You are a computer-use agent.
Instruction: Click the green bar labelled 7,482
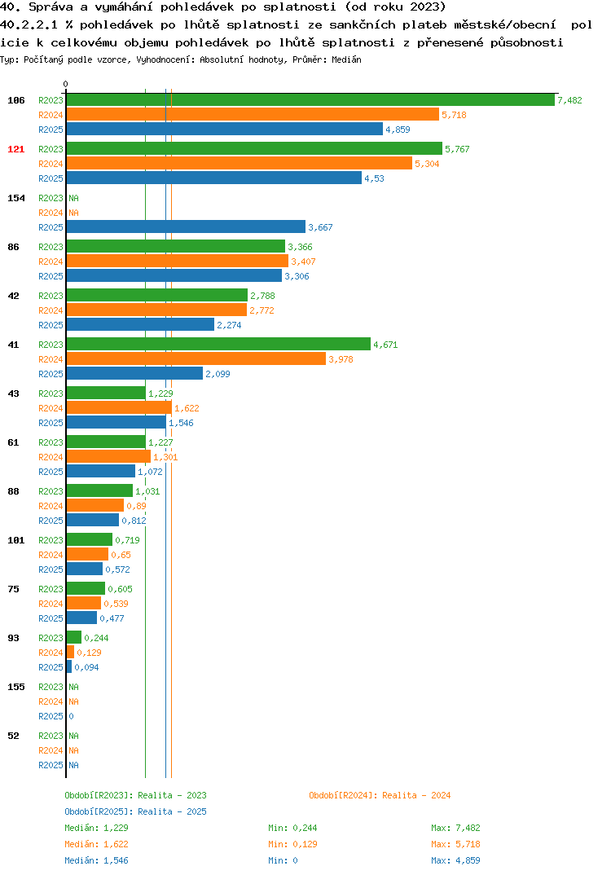pos(311,100)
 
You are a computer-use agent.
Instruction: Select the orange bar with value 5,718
pos(253,114)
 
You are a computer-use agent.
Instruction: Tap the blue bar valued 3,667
pos(187,227)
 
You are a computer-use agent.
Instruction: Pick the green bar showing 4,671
pos(218,345)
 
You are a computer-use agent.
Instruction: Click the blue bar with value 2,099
pos(134,373)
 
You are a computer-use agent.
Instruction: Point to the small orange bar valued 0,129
pos(70,653)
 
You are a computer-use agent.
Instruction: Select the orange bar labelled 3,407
pos(178,262)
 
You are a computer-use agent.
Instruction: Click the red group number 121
pos(16,149)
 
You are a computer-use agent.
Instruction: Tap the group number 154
pos(16,198)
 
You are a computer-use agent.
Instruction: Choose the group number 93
pos(13,638)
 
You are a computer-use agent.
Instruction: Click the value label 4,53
pos(375,178)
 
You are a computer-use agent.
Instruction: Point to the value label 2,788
pos(262,296)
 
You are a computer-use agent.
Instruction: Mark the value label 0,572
pos(118,569)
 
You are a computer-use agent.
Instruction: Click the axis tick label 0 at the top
pos(66,84)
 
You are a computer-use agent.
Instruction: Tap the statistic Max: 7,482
pos(455,828)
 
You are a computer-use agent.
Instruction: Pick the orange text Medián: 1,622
pos(96,844)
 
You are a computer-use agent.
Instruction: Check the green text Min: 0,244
pos(292,828)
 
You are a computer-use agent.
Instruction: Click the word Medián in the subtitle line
pos(346,59)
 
